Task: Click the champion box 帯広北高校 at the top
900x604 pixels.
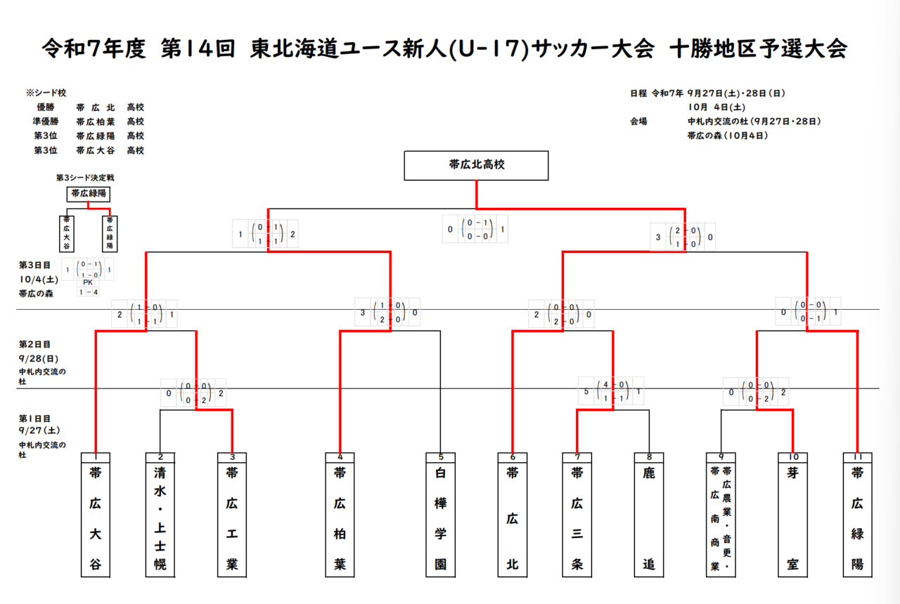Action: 476,166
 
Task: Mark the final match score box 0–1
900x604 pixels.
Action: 476,230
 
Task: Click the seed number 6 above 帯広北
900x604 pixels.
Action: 513,457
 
